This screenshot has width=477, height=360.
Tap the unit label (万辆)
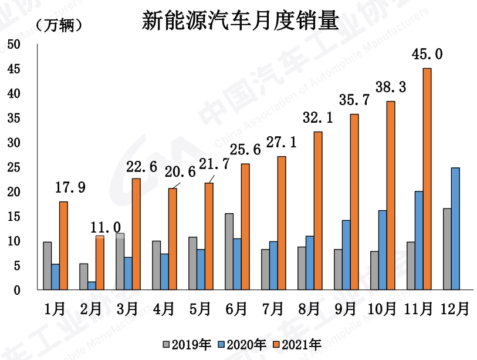(x=59, y=26)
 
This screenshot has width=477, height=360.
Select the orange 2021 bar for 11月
(x=427, y=179)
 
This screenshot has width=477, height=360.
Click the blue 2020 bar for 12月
(x=455, y=228)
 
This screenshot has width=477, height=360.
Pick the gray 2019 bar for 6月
(x=229, y=251)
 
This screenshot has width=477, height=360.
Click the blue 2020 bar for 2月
(x=92, y=285)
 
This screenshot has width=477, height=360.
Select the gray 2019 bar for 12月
(x=447, y=249)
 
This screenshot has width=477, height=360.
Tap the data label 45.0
(x=427, y=55)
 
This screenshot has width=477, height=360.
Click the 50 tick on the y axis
(x=13, y=45)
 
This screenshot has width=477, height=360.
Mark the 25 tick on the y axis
(x=13, y=167)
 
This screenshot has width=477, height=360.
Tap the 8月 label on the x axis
(x=309, y=309)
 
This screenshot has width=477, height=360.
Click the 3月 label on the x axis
(x=127, y=309)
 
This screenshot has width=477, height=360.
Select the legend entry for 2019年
(x=187, y=344)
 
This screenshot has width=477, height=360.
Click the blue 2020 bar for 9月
(x=346, y=255)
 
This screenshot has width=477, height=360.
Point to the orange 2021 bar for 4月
(x=172, y=239)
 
